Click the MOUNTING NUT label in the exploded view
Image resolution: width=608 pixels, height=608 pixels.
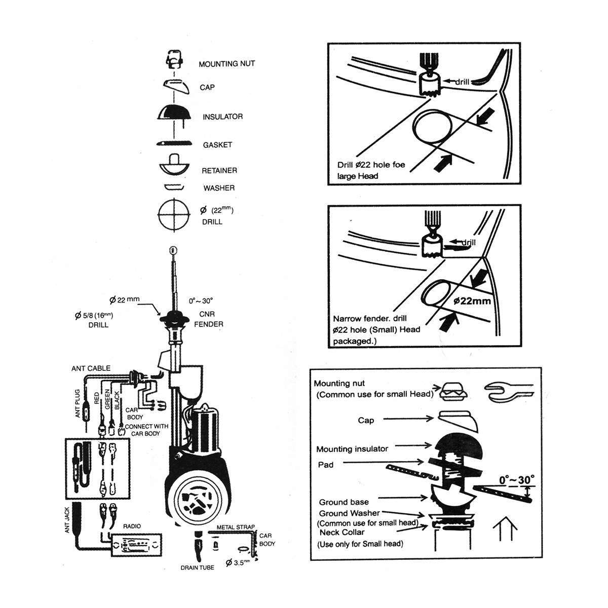(x=226, y=64)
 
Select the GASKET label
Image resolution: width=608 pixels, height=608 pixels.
(x=217, y=145)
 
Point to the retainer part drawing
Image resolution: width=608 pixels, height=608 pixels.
(x=174, y=164)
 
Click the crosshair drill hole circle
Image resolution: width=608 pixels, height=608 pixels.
(x=174, y=214)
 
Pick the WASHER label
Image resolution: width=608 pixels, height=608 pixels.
(x=219, y=188)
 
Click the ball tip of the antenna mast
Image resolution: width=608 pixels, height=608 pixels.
(x=172, y=250)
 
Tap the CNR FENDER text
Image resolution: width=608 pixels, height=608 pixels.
(x=208, y=319)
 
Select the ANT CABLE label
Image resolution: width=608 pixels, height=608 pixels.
(x=91, y=368)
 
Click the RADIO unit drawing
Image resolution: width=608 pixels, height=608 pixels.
(x=136, y=545)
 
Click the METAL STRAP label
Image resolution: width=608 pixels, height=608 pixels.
(x=236, y=527)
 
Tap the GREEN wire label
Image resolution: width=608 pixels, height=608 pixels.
(x=107, y=399)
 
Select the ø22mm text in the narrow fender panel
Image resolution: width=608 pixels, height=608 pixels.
(x=472, y=301)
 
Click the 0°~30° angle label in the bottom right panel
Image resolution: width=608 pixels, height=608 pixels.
(x=516, y=480)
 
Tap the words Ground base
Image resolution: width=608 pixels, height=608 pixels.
(x=344, y=502)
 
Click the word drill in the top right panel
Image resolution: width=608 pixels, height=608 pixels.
(x=462, y=83)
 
